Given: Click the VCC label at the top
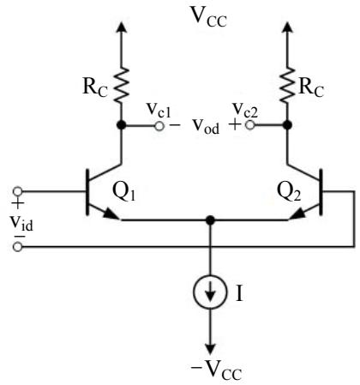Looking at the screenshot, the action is (209, 17).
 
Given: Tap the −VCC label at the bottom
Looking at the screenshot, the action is (216, 370).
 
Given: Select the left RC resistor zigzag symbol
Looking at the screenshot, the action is (122, 85).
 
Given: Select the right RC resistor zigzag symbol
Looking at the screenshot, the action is (287, 85).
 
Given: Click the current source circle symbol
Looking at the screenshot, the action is (210, 292).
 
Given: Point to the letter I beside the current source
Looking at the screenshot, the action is (239, 293).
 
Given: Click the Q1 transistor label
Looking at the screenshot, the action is (123, 191).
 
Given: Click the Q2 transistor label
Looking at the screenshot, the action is (289, 191).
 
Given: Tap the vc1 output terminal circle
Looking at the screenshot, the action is (159, 126).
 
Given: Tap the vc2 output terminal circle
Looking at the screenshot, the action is (249, 125).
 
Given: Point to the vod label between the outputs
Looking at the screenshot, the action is (206, 126).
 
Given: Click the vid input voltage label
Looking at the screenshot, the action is (21, 223).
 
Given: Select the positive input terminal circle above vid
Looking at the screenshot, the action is (18, 191).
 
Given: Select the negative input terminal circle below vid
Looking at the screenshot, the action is (18, 246).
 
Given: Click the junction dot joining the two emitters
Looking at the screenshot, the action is (210, 220).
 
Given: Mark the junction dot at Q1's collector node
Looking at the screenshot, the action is (122, 125).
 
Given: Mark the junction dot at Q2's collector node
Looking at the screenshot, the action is (287, 125).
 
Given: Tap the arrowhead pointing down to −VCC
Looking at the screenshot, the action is (210, 349).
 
